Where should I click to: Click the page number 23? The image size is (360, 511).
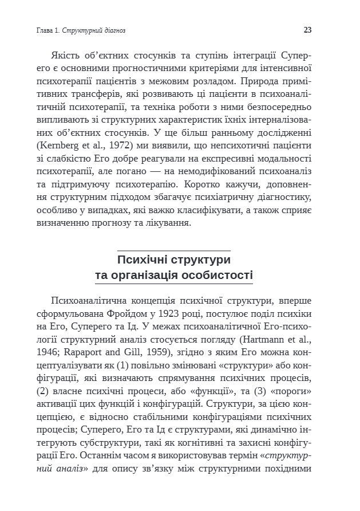click(x=307, y=30)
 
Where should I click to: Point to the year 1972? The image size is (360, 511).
click(x=118, y=146)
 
